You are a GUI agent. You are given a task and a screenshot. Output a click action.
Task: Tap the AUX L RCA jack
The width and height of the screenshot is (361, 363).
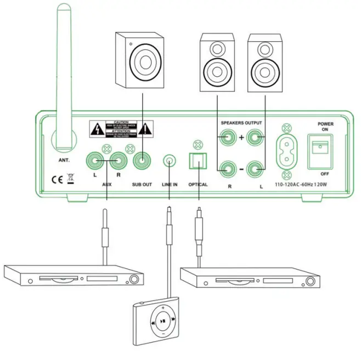coord(93,162)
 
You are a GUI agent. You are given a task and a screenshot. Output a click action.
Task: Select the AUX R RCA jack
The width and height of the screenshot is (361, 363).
coord(117,162)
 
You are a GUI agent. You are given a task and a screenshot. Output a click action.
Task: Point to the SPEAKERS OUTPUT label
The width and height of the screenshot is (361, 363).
coord(241,122)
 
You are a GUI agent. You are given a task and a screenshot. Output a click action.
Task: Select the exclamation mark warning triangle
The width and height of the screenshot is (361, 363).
coord(144,129)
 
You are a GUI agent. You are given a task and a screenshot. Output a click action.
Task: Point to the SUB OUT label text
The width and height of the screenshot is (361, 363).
coord(142,185)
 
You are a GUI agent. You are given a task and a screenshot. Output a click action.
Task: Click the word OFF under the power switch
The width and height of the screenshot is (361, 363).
coord(325,173)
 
